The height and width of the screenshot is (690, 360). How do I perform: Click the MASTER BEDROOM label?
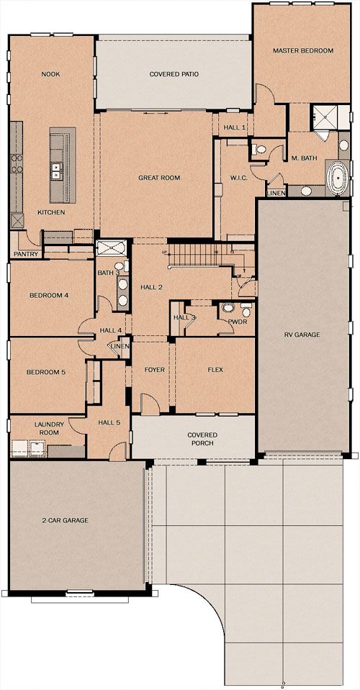click(x=303, y=50)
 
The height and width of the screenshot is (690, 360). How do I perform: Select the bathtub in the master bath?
click(x=338, y=178)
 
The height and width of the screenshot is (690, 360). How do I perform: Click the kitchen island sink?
click(x=56, y=171)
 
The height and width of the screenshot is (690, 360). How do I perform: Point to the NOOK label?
click(x=50, y=74)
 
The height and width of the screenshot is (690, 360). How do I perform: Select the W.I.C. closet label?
click(x=239, y=178)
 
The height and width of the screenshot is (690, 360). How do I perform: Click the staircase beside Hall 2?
click(x=200, y=255)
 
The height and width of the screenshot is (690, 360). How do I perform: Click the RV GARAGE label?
click(x=302, y=335)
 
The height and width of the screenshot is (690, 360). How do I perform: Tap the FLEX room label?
click(x=215, y=370)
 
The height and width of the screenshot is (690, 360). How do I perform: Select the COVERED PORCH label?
click(x=202, y=439)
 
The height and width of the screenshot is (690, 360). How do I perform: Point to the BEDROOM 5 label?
click(x=46, y=372)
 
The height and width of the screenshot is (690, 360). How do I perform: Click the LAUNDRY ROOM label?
click(x=49, y=429)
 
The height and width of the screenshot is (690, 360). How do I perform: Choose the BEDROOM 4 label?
click(x=49, y=295)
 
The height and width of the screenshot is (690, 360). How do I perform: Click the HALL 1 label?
click(x=234, y=127)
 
